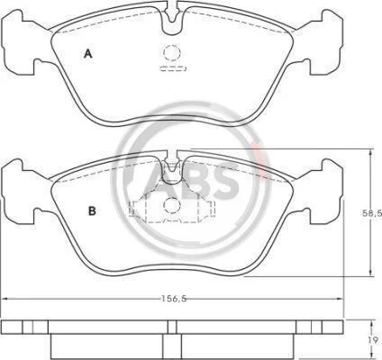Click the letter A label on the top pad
[87, 54]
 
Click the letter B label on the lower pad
[92, 211]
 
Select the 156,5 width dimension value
[174, 299]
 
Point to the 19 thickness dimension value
[375, 340]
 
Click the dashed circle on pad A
[172, 52]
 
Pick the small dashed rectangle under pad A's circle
[174, 68]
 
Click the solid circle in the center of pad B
[172, 205]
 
